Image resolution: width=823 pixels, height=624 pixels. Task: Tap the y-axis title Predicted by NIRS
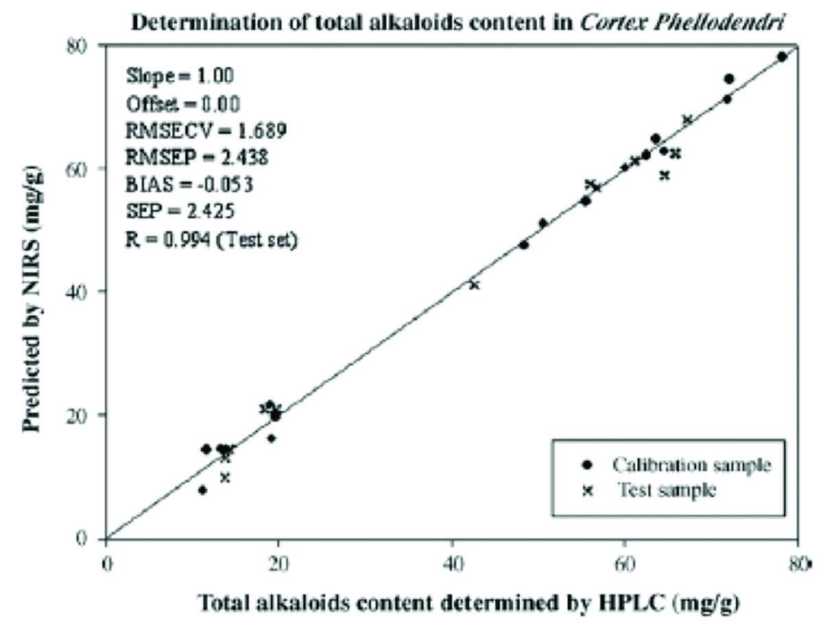pyautogui.click(x=32, y=292)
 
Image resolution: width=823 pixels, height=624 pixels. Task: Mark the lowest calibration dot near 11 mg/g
pyautogui.click(x=202, y=489)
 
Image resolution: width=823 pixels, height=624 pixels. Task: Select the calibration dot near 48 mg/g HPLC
pyautogui.click(x=523, y=244)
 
